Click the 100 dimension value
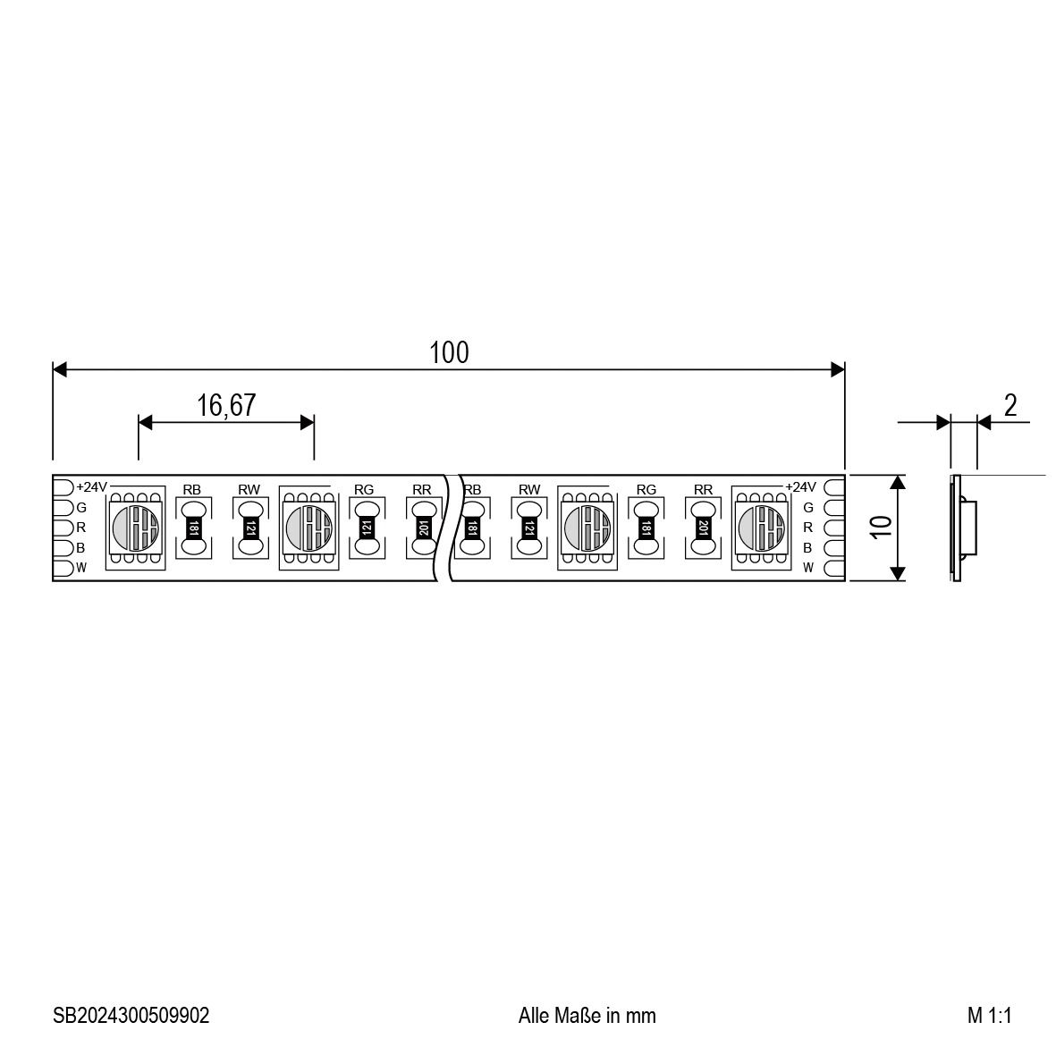pyautogui.click(x=449, y=352)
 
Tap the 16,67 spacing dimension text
pyautogui.click(x=226, y=405)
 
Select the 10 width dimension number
pyautogui.click(x=881, y=528)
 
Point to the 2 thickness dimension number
pyautogui.click(x=1010, y=405)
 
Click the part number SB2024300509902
pyautogui.click(x=131, y=1015)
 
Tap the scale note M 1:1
pyautogui.click(x=989, y=1015)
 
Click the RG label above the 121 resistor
pyautogui.click(x=364, y=490)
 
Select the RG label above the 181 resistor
pyautogui.click(x=646, y=490)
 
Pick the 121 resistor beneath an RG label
pyautogui.click(x=367, y=528)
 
